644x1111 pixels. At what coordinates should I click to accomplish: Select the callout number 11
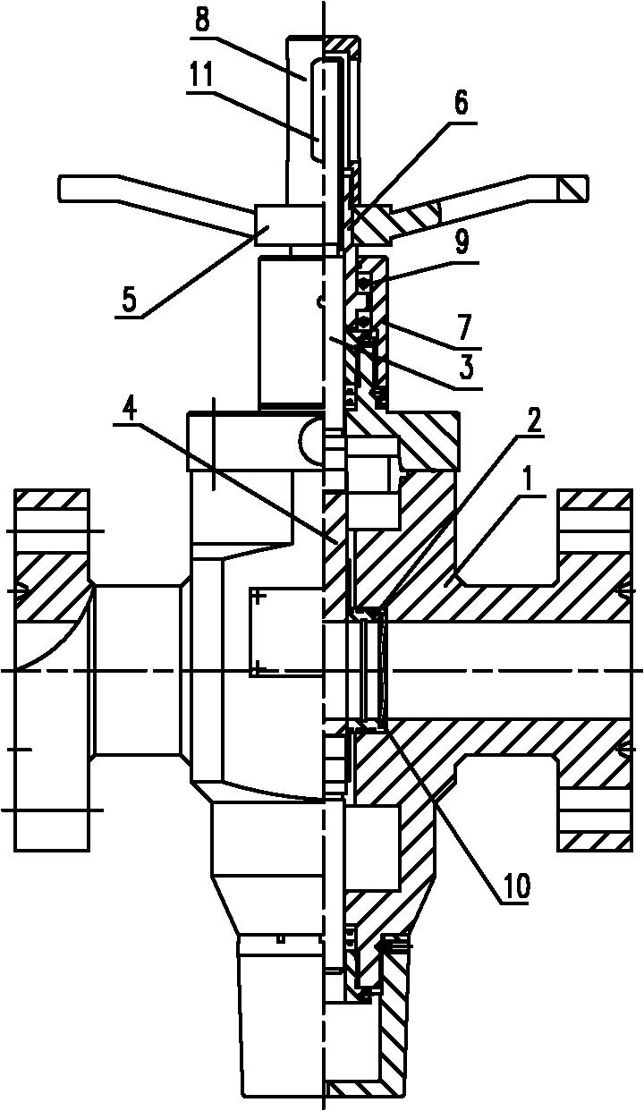pyautogui.click(x=200, y=76)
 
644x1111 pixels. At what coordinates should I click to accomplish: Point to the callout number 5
pyautogui.click(x=130, y=301)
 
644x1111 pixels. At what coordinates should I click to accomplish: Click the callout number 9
pyautogui.click(x=462, y=244)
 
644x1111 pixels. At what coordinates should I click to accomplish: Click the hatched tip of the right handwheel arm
pyautogui.click(x=572, y=189)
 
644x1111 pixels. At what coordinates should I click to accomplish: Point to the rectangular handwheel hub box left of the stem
pyautogui.click(x=288, y=225)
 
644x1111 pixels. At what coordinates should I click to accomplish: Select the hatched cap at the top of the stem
pyautogui.click(x=342, y=45)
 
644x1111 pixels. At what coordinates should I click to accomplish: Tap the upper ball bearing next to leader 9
pyautogui.click(x=365, y=284)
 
